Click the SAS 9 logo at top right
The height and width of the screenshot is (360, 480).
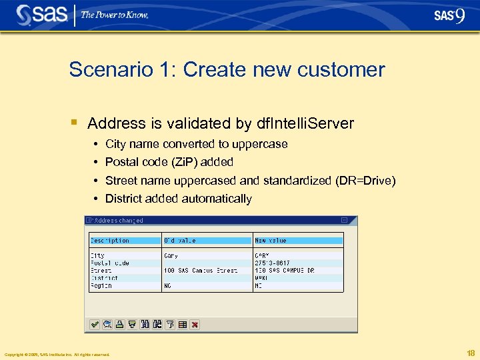[449, 15]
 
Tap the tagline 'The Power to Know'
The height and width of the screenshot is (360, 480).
[114, 15]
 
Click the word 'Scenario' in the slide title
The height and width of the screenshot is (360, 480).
[100, 69]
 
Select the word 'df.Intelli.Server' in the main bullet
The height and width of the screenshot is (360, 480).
[305, 123]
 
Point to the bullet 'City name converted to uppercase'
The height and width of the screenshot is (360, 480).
[196, 144]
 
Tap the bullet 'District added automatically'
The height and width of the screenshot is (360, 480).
[178, 199]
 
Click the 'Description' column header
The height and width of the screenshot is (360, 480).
[110, 240]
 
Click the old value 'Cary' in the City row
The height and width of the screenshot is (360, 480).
[171, 255]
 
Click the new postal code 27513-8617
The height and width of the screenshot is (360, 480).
[272, 263]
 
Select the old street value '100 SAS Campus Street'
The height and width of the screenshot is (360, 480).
[201, 270]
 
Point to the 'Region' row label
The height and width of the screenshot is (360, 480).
[101, 285]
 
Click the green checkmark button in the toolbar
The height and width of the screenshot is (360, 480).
[95, 325]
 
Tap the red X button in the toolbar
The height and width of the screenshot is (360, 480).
[195, 325]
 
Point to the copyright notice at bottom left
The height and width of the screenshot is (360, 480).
[57, 355]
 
